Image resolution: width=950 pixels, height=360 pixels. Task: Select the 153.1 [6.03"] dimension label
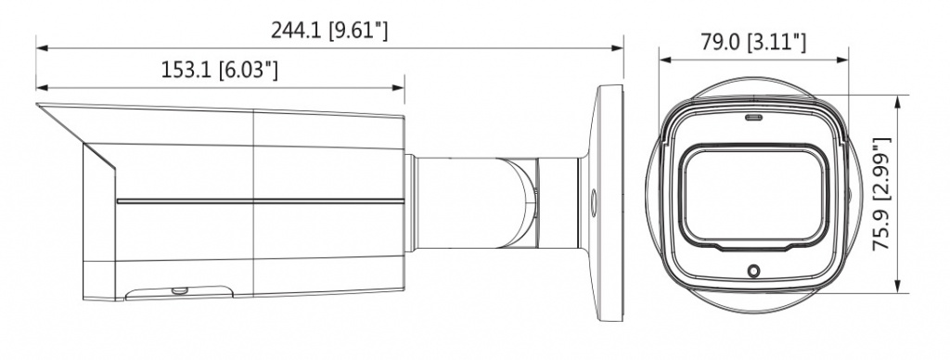tap(219, 71)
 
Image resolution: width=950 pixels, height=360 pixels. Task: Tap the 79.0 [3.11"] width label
tap(753, 43)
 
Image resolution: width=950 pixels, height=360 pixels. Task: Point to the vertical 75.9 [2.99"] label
tap(881, 194)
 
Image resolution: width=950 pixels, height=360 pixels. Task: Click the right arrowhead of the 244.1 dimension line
tap(619, 47)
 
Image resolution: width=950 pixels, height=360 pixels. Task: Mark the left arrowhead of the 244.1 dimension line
tap(41, 47)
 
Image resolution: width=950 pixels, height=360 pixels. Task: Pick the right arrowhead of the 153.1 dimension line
tap(399, 87)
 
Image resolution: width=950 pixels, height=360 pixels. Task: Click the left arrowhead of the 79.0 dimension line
tap(664, 59)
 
